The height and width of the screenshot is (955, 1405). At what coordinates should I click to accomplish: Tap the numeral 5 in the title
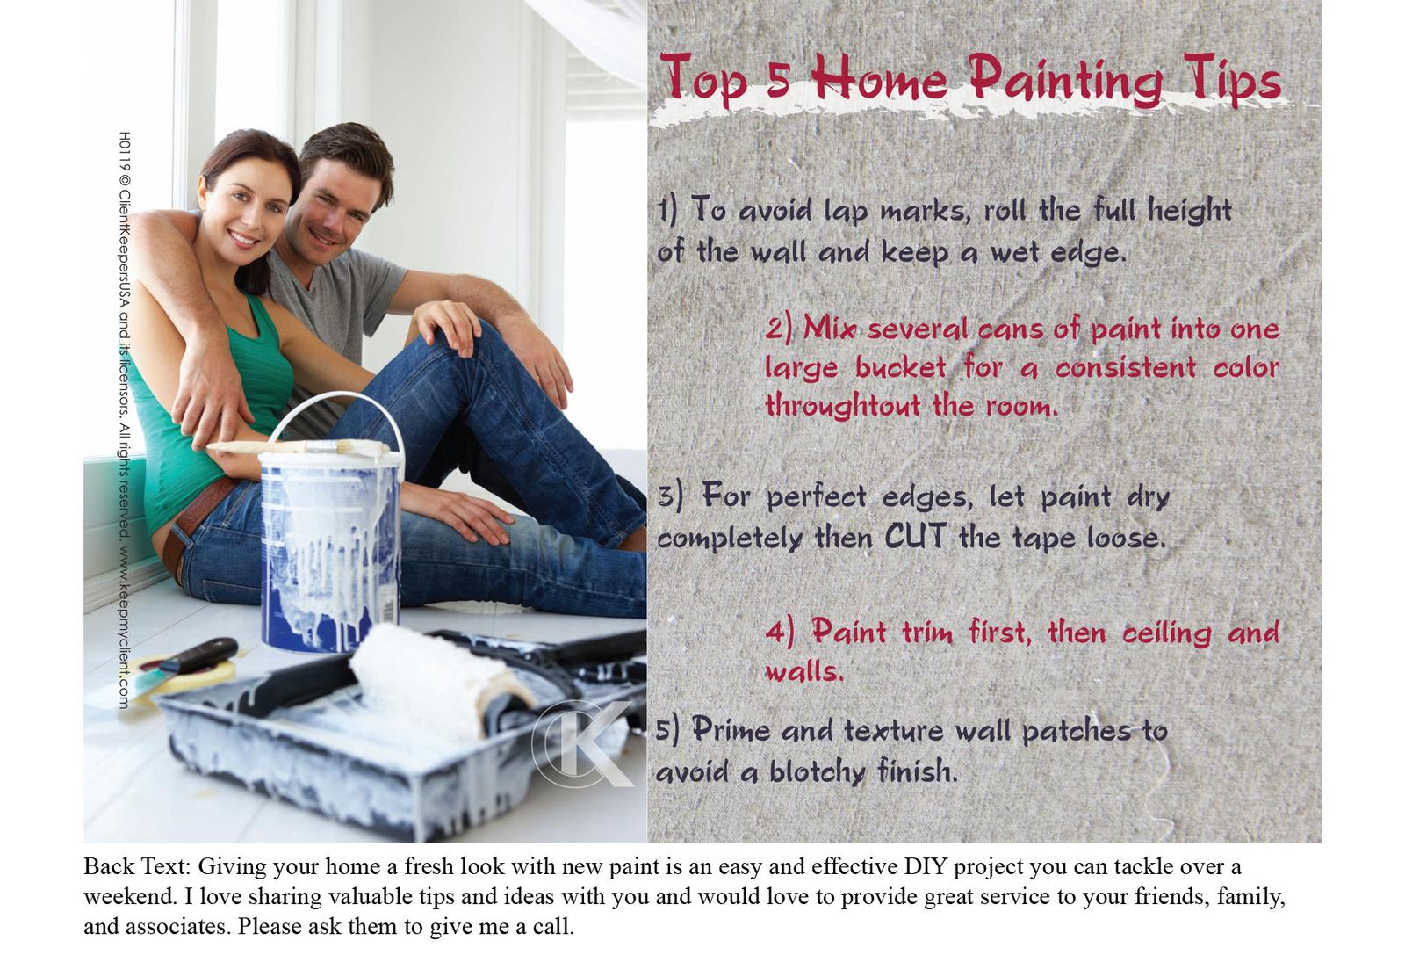778,78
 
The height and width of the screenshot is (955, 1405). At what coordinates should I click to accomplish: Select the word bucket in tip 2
900,368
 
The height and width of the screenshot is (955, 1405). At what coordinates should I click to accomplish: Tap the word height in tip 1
1190,211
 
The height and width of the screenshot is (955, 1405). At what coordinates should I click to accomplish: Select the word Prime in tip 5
731,730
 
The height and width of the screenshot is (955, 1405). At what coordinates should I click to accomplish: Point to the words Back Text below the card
137,866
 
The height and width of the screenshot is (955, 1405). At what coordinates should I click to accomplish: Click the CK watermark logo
582,744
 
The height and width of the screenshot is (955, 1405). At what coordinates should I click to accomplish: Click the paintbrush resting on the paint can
299,447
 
